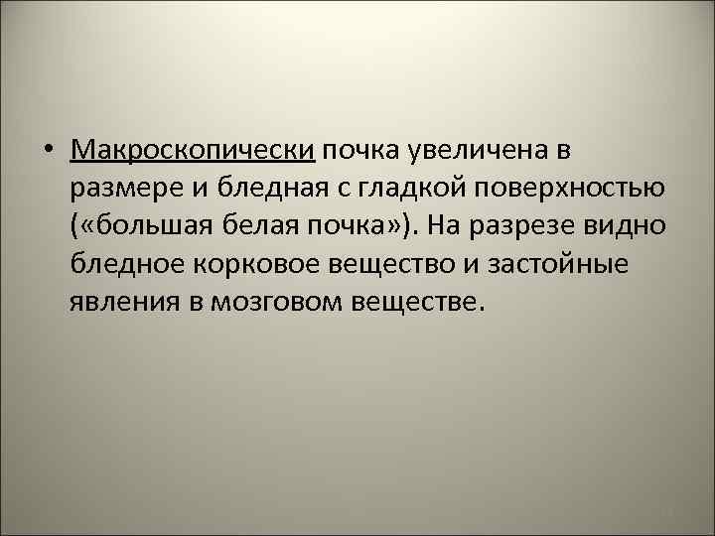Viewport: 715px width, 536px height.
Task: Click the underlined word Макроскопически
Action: point(193,150)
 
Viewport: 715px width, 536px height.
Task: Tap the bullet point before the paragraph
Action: point(48,151)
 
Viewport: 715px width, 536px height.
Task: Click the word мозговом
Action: point(276,301)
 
